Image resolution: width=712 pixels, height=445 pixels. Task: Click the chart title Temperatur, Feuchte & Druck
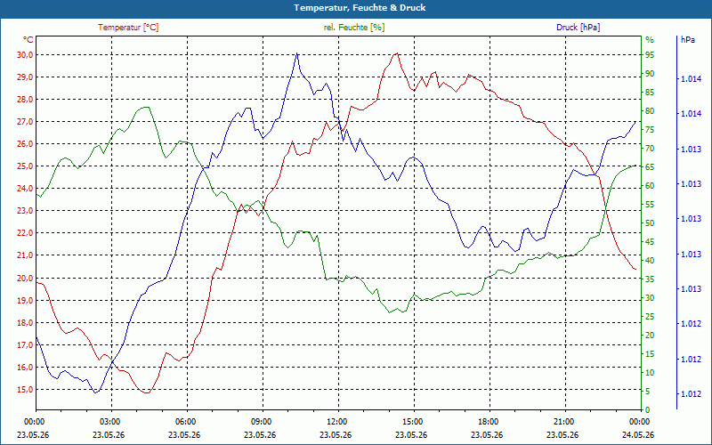360,8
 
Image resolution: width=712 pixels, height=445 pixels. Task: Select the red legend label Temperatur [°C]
128,28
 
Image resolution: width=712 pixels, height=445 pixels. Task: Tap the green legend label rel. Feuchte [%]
354,28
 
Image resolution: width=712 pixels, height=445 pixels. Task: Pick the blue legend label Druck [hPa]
578,28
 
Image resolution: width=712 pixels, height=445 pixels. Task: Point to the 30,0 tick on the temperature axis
25,55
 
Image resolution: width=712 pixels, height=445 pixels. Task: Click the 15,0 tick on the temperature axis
25,390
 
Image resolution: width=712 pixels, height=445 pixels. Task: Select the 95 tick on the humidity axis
650,55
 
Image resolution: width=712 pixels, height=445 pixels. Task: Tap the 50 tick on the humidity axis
650,223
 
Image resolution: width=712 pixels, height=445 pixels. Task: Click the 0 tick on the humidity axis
648,409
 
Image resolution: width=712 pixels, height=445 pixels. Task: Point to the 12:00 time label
337,421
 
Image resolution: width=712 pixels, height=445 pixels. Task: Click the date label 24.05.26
639,434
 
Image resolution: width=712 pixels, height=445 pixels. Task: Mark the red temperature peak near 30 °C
397,53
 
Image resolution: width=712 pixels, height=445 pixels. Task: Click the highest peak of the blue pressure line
297,53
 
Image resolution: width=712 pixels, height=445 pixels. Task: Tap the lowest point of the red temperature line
147,392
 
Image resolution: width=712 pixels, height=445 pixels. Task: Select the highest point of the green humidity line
146,107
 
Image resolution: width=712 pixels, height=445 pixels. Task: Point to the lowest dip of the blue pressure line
96,392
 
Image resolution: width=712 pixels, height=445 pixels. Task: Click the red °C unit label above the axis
28,40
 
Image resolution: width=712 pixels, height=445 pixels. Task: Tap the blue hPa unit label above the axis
687,40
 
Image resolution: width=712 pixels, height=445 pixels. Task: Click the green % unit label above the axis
650,40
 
